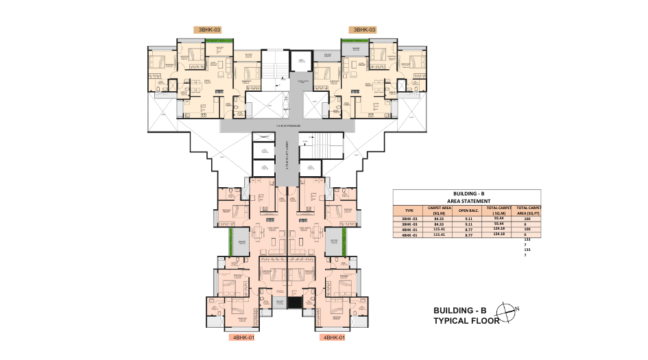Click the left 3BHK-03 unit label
(209, 30)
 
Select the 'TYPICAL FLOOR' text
(463, 321)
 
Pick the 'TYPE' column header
(409, 211)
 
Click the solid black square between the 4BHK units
(295, 302)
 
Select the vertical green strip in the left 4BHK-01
(231, 241)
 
